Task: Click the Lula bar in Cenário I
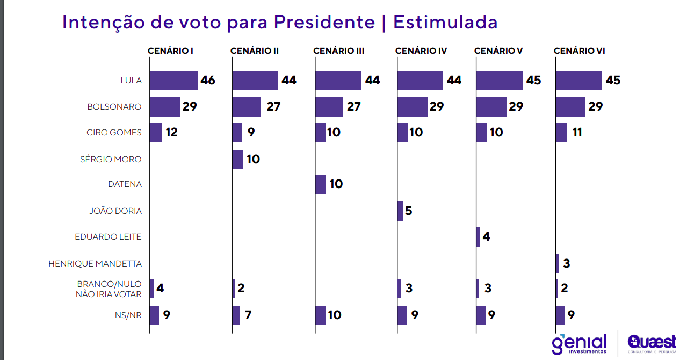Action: coord(173,81)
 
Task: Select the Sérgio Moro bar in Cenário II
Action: coord(237,160)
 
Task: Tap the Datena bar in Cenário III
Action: coord(320,184)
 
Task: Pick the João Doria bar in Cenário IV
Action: coord(400,211)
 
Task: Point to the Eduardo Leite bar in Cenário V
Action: coord(478,237)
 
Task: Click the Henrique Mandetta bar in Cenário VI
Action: coord(557,263)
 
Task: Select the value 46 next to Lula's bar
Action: coord(208,81)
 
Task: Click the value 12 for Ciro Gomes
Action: coord(171,133)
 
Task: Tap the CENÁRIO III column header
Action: coord(338,51)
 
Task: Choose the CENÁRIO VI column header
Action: coord(579,51)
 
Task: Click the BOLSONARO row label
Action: coord(114,107)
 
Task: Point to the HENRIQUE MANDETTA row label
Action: coord(95,264)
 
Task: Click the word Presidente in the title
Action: coord(324,23)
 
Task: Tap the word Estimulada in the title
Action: coord(445,23)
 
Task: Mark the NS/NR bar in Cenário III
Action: coord(320,315)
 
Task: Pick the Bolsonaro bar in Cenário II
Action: coord(247,107)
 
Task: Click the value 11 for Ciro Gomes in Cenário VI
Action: coord(577,133)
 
